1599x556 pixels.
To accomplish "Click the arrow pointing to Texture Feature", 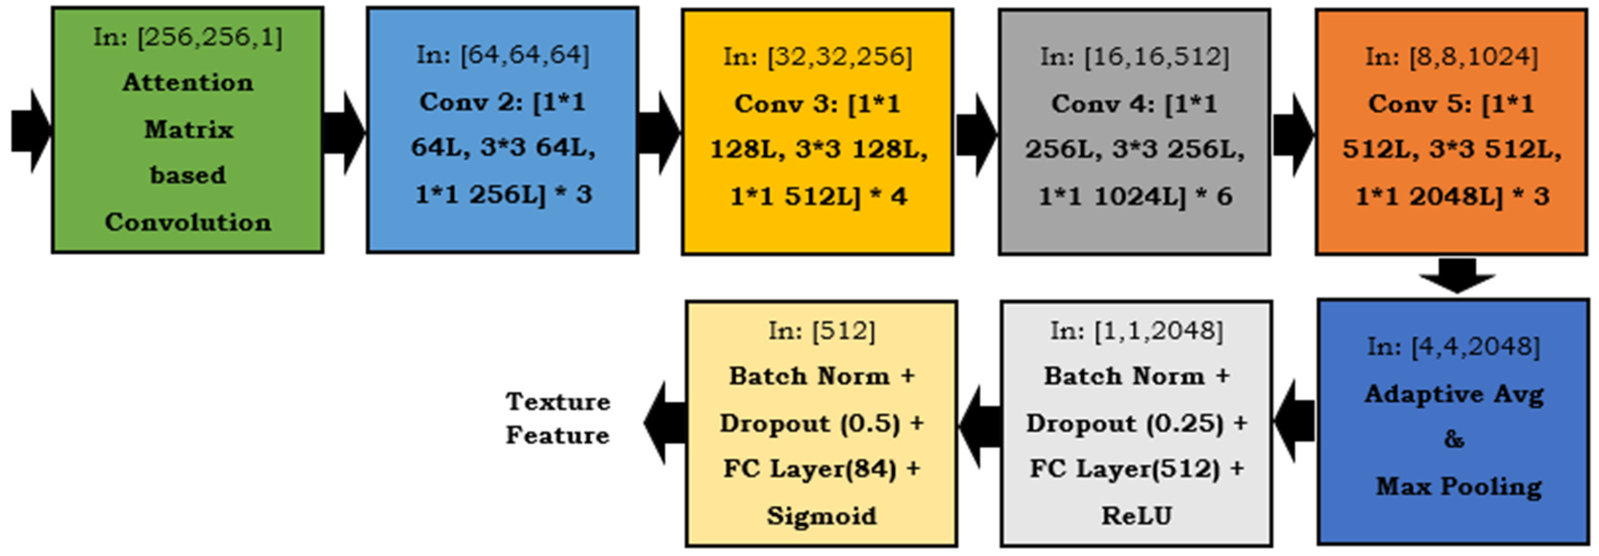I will [665, 423].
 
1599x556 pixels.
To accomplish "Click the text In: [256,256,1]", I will [187, 37].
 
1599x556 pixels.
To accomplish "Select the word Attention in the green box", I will [187, 83].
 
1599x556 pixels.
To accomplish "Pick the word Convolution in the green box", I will [187, 222].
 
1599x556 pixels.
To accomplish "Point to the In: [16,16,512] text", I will [1134, 57].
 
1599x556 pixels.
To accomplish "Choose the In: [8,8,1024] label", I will [1451, 57].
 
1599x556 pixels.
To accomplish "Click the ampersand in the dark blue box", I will [1454, 439].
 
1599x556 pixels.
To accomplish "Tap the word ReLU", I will [1136, 516].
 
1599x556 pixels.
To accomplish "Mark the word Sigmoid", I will [821, 516].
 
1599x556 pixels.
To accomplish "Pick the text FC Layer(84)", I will [809, 469].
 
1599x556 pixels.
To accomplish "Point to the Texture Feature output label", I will [558, 418].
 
